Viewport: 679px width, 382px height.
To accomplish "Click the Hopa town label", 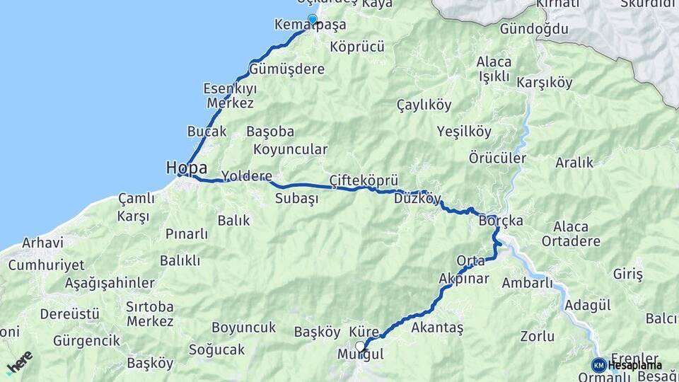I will tap(187, 168).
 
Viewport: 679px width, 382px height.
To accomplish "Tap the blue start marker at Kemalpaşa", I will tap(312, 19).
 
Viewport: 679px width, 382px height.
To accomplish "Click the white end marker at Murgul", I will tap(361, 346).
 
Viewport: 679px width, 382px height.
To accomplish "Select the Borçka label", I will tap(501, 221).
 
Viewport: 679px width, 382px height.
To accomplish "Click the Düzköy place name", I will tap(418, 199).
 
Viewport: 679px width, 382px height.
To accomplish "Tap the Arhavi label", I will tap(42, 243).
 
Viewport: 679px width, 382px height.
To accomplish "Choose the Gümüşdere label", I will tap(286, 69).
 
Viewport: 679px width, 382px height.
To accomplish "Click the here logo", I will tap(19, 361).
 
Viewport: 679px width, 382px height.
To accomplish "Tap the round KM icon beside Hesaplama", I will tap(598, 365).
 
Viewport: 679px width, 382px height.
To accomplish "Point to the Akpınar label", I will tap(463, 278).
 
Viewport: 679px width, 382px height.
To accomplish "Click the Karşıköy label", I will tap(545, 83).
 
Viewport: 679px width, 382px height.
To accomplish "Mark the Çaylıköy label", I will tap(424, 105).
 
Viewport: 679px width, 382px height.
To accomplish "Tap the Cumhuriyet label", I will tap(46, 265).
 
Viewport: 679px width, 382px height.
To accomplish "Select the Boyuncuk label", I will tap(243, 328).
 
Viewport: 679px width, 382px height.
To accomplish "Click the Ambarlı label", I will tap(527, 283).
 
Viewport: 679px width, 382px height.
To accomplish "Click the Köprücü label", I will tap(357, 47).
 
